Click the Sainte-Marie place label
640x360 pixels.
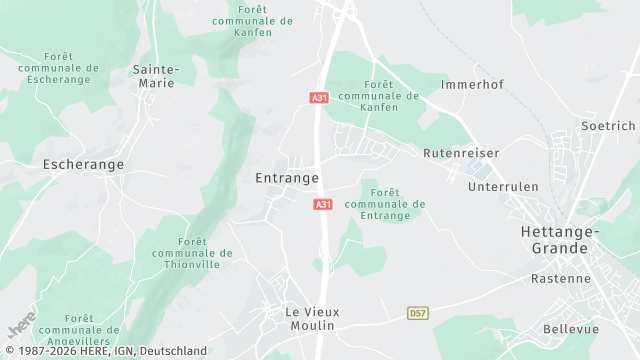154,76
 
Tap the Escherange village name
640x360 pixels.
84,163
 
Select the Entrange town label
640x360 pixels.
287,178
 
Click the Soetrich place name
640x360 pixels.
608,126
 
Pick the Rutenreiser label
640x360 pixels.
461,153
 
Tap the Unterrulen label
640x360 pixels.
503,186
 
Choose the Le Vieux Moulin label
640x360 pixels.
312,318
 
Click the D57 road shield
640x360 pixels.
418,313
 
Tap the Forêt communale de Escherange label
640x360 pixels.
59,68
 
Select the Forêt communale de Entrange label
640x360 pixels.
385,204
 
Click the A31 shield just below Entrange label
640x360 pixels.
322,204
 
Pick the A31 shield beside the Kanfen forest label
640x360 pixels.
318,97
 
